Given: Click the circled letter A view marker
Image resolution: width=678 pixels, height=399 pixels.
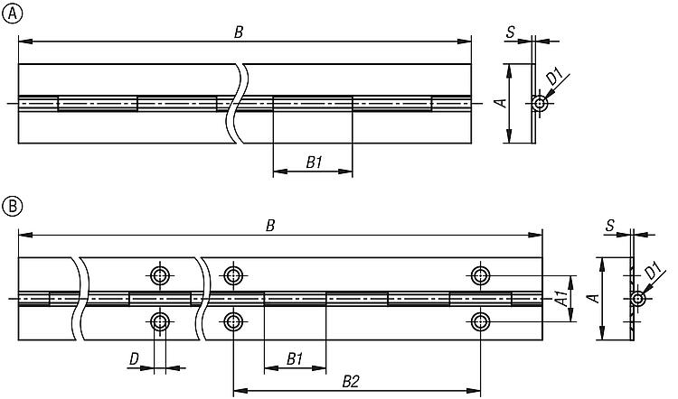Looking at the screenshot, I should tap(11, 12).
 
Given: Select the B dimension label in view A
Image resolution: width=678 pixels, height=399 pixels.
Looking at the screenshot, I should tap(239, 32).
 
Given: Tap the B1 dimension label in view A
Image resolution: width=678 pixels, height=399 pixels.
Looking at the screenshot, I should tap(314, 162).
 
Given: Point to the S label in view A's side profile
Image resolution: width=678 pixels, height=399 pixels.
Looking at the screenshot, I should tap(511, 32).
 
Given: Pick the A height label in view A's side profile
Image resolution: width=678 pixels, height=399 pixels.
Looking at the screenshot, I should tap(499, 103).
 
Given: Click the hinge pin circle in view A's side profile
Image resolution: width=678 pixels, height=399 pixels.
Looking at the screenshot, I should tap(540, 104).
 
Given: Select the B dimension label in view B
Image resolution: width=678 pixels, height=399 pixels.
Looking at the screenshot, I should tap(269, 226).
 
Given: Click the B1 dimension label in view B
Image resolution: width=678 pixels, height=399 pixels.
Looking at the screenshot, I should tap(295, 359).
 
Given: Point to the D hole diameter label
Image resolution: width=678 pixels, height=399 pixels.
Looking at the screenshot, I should tap(134, 361).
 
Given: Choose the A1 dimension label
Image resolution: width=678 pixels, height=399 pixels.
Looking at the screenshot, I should tap(560, 297).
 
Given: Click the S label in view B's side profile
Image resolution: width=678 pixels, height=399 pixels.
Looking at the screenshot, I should tap(611, 226).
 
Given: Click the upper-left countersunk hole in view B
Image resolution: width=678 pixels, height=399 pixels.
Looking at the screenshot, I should tap(161, 274).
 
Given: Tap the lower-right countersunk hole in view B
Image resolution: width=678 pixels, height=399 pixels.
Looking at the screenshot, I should tap(481, 320).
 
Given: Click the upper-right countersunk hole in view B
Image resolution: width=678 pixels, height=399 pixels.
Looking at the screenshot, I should tap(481, 274).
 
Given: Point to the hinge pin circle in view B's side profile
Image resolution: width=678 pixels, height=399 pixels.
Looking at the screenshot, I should tap(638, 299).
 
